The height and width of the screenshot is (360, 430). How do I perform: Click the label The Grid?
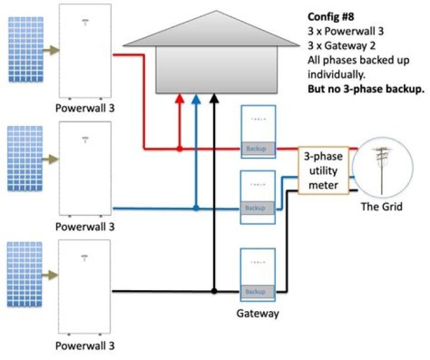(382, 208)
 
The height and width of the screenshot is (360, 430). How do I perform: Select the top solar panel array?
(26, 50)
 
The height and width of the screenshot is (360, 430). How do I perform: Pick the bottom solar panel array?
(26, 275)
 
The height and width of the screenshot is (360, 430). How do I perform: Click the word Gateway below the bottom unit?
(258, 313)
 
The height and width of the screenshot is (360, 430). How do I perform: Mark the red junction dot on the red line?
(179, 148)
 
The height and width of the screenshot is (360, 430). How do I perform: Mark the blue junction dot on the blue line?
(196, 208)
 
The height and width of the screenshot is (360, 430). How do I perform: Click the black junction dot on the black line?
(214, 292)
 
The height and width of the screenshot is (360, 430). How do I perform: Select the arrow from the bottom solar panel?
(51, 275)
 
